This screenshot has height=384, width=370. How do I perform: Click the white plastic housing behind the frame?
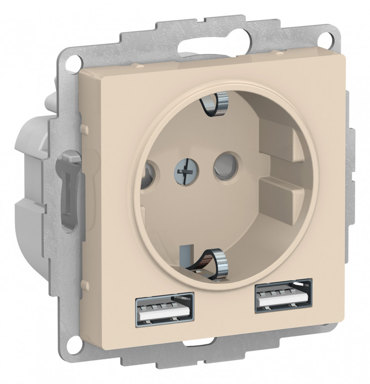click(35, 154)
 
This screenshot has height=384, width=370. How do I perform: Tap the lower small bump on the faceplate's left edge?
click(84, 285)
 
